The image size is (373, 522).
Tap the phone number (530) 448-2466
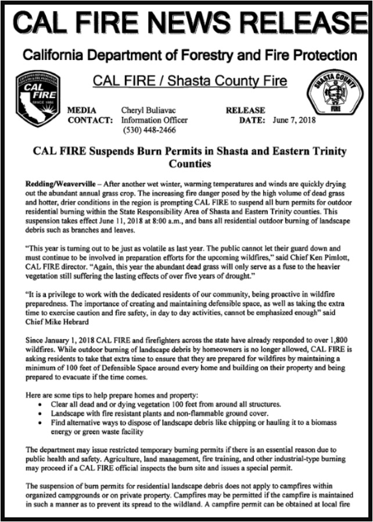(148, 130)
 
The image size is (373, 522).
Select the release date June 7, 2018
(295, 120)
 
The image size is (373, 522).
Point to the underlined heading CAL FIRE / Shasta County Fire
(190, 81)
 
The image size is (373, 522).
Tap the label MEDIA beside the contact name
(82, 110)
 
